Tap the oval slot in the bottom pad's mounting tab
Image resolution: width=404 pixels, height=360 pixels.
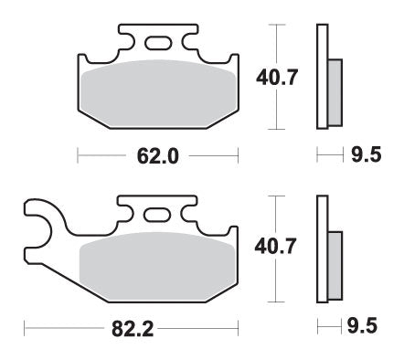tap(156, 213)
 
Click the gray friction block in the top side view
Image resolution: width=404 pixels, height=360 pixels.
tap(334, 91)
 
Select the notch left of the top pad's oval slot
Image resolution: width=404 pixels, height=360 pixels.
tap(130, 41)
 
